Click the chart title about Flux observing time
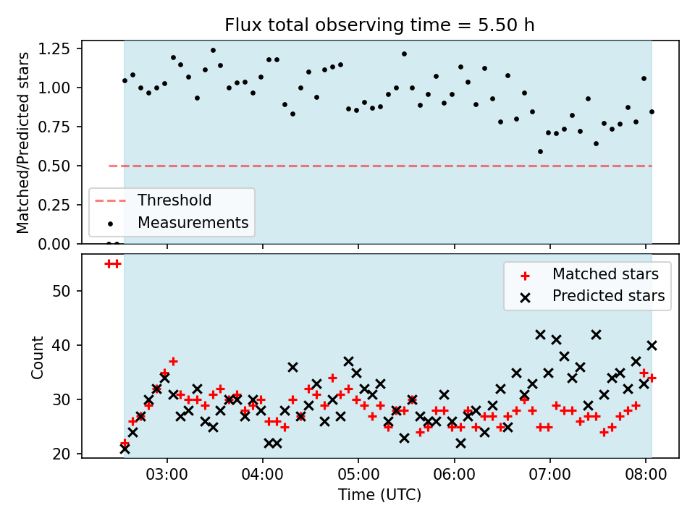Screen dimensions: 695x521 point(379,25)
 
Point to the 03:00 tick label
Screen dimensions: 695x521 point(167,475)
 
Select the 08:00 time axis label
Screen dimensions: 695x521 point(645,475)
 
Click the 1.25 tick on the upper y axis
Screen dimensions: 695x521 point(54,48)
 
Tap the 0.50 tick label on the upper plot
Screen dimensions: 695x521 point(54,166)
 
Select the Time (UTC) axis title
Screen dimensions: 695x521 point(379,494)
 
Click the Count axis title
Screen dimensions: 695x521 point(37,357)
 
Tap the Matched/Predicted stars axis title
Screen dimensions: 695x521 point(22,143)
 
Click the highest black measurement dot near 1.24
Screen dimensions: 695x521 point(213,51)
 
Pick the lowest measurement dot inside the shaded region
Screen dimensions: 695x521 point(540,151)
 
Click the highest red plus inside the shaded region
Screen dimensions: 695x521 point(173,362)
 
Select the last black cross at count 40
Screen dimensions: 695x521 point(652,346)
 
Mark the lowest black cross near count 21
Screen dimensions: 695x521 point(125,449)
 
